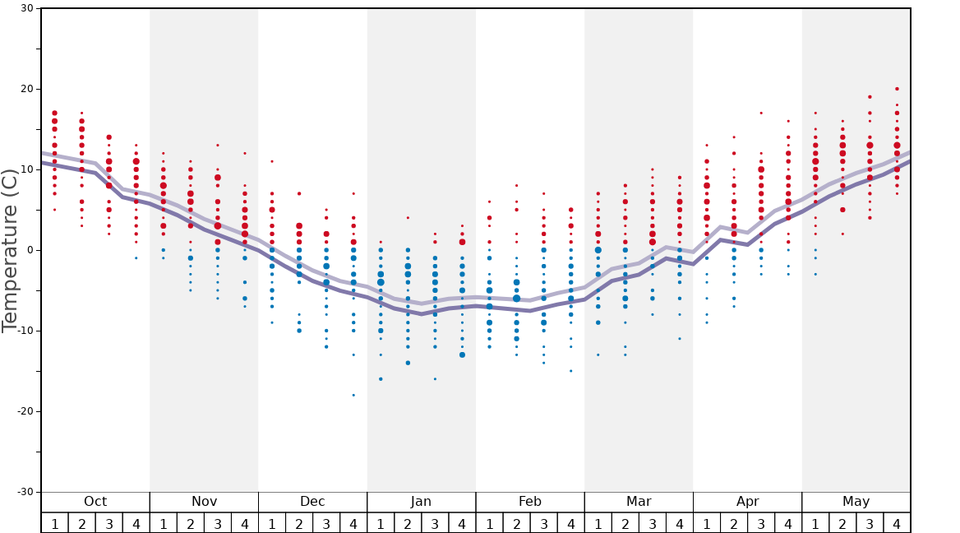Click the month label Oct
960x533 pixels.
click(95, 502)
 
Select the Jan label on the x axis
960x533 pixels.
click(421, 502)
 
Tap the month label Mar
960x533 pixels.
click(639, 502)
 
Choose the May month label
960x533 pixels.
click(856, 502)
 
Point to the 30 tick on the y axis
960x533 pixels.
click(26, 9)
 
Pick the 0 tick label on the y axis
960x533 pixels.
click(30, 250)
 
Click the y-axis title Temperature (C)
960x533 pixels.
click(10, 250)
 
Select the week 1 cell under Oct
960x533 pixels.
click(54, 523)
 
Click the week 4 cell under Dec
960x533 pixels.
click(353, 523)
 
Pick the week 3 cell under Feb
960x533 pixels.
click(543, 523)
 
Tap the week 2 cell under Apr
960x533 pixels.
click(734, 523)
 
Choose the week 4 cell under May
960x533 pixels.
click(897, 523)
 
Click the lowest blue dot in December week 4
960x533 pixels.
click(353, 395)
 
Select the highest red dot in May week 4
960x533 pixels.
click(897, 89)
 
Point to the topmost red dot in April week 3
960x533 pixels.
click(761, 114)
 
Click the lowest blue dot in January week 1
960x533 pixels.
click(381, 379)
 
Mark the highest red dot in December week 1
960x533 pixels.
click(272, 161)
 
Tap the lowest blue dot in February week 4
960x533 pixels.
click(570, 371)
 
